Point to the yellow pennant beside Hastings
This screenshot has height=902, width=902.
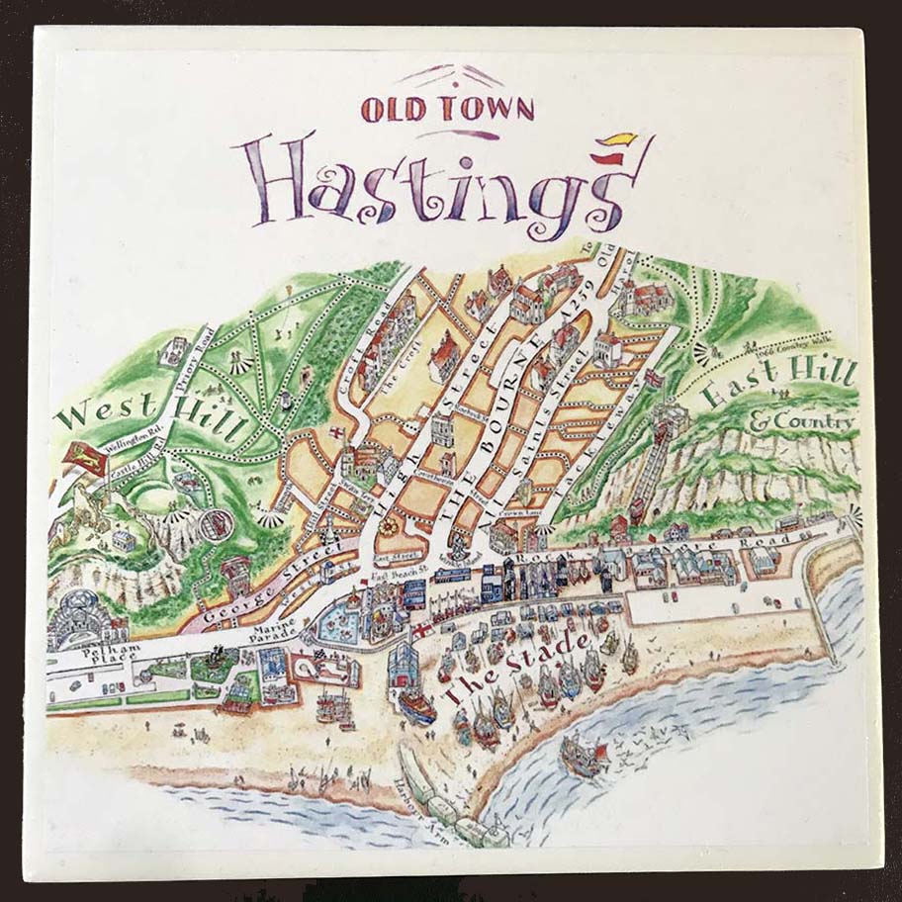pos(625,138)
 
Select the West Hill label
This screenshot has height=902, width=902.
pos(148,413)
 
